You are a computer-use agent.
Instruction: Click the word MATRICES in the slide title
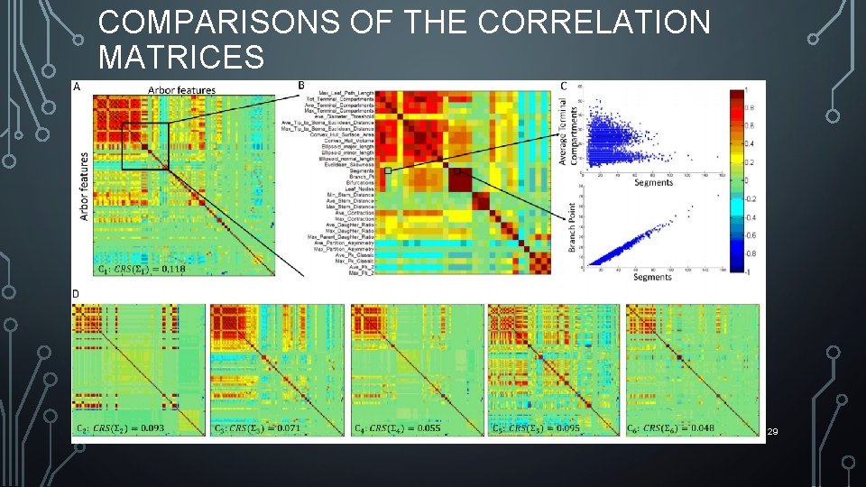point(181,58)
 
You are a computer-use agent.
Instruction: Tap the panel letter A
point(77,87)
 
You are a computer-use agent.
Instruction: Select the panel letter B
point(301,86)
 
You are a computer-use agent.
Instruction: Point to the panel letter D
point(76,294)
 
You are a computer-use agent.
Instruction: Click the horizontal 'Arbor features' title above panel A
point(182,88)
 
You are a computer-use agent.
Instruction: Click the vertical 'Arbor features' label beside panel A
point(85,186)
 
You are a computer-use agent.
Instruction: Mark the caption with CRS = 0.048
point(673,427)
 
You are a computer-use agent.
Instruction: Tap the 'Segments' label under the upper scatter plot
point(652,182)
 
